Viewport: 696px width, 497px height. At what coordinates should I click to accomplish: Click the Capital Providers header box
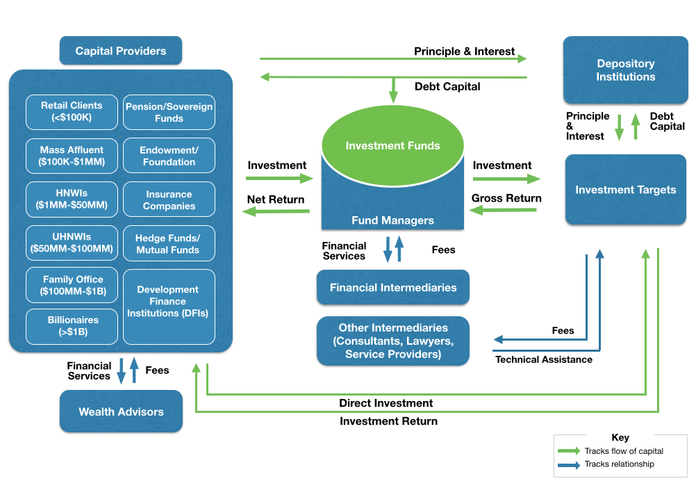click(x=121, y=51)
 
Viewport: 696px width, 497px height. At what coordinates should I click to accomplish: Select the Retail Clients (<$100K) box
click(x=72, y=112)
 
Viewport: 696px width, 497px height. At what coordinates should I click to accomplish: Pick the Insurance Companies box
click(x=169, y=200)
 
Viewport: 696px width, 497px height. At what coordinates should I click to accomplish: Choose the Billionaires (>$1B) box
click(x=73, y=326)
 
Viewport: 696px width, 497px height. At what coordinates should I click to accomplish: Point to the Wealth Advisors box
click(x=121, y=412)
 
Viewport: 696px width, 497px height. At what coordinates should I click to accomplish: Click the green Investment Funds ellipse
click(x=392, y=146)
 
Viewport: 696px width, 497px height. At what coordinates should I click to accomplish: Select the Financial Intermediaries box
click(x=393, y=287)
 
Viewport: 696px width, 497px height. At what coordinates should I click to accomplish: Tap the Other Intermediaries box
click(x=393, y=341)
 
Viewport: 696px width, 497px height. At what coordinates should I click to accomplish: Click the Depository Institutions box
click(x=625, y=70)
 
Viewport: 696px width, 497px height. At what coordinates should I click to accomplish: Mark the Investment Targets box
click(x=625, y=190)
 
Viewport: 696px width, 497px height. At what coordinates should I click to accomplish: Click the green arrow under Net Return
click(x=276, y=212)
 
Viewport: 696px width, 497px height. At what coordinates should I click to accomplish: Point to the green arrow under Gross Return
click(x=504, y=211)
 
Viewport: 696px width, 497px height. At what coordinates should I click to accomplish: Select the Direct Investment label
click(x=386, y=403)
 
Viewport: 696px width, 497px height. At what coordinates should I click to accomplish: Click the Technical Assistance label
click(x=544, y=359)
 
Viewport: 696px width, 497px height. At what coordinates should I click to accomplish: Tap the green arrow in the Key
click(x=569, y=451)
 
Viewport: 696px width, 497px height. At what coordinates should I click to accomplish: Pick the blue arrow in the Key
click(x=569, y=465)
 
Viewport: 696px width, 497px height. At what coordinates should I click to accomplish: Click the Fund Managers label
click(x=392, y=220)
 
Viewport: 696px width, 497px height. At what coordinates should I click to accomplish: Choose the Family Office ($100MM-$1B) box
click(x=73, y=286)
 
